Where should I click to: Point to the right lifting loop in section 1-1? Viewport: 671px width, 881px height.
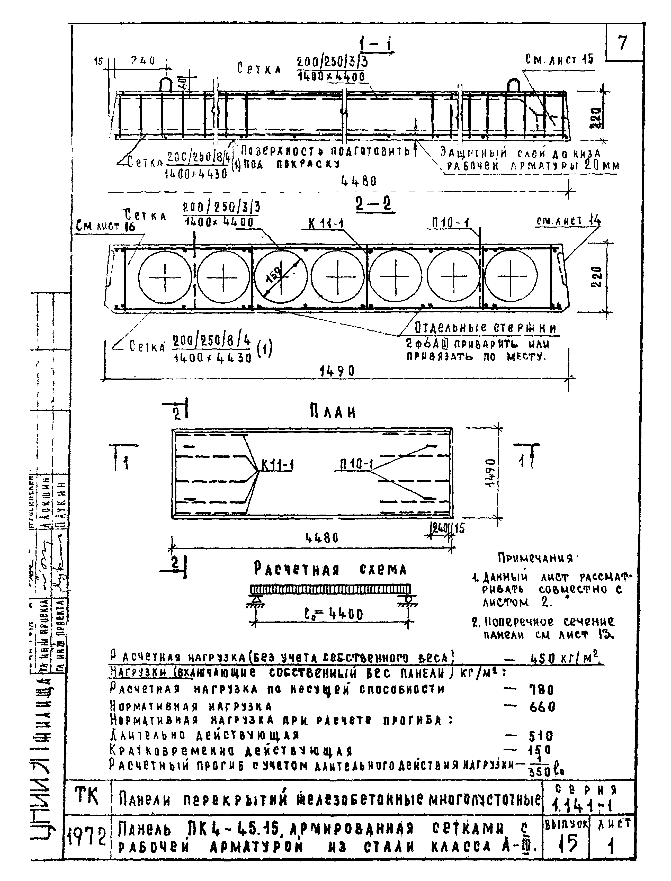tap(514, 85)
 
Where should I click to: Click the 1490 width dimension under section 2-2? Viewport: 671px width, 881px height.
tap(337, 371)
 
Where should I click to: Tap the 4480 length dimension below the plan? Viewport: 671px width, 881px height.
tap(322, 538)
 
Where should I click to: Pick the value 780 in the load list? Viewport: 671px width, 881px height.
tap(541, 690)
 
